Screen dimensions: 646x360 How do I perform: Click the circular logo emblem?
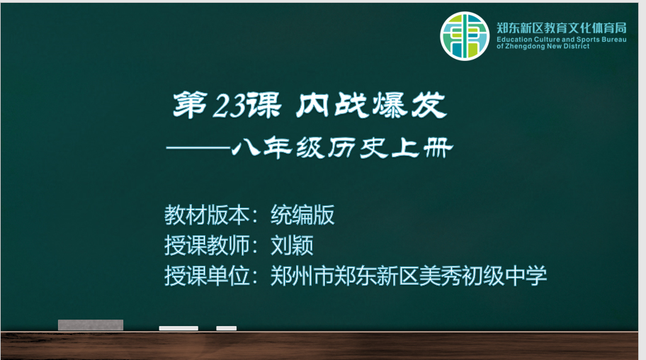[x=465, y=36]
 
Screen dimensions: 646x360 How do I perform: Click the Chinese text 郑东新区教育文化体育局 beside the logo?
[x=562, y=28]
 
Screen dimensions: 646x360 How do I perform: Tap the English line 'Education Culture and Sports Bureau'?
[x=562, y=40]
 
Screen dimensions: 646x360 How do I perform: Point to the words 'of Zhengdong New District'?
[x=543, y=46]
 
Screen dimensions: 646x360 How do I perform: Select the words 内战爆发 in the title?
[x=371, y=105]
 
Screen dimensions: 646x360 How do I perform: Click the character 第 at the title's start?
[x=190, y=105]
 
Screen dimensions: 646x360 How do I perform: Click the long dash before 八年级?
[x=198, y=148]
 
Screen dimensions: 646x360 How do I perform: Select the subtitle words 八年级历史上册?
[x=342, y=147]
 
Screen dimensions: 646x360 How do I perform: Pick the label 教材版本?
[x=207, y=215]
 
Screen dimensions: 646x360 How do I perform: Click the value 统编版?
[x=302, y=215]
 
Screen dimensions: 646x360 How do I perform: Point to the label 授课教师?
[x=207, y=245]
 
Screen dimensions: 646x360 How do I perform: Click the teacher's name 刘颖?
[x=292, y=245]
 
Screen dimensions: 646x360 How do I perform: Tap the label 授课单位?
[x=207, y=276]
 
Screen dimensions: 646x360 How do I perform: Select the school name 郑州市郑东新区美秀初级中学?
[x=409, y=276]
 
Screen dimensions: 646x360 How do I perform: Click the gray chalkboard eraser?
[x=91, y=325]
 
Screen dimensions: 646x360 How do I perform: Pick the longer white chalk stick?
[x=178, y=328]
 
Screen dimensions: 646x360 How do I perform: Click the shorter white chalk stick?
[x=227, y=328]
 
